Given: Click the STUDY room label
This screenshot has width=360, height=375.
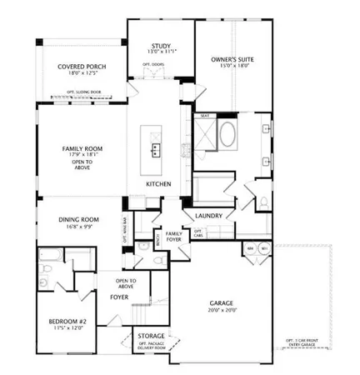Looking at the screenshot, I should (161, 46).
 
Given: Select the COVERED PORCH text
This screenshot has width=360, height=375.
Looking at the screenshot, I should (81, 67).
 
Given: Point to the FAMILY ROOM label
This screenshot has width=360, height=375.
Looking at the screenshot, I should (81, 149).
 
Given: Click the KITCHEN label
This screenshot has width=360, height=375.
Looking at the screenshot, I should (158, 183).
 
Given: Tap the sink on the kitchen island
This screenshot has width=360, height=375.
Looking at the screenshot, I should (155, 149).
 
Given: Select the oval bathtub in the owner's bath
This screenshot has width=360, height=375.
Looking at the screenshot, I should (229, 134).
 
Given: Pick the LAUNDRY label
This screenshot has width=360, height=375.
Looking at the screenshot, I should (207, 215).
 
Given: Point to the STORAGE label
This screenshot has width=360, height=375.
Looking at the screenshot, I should (150, 335).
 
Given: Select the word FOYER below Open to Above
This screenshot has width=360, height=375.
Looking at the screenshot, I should (119, 296).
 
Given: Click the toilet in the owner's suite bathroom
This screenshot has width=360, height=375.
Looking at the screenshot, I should (261, 200).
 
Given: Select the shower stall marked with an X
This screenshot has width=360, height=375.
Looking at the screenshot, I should (205, 133).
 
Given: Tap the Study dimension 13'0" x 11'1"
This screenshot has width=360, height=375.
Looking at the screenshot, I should (161, 52).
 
